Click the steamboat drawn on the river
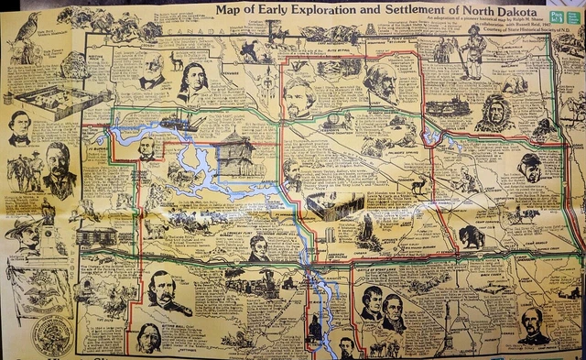[x=177, y=120]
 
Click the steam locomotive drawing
[x=446, y=105]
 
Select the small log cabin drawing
[x=95, y=236]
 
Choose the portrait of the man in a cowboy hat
[x=25, y=232]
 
